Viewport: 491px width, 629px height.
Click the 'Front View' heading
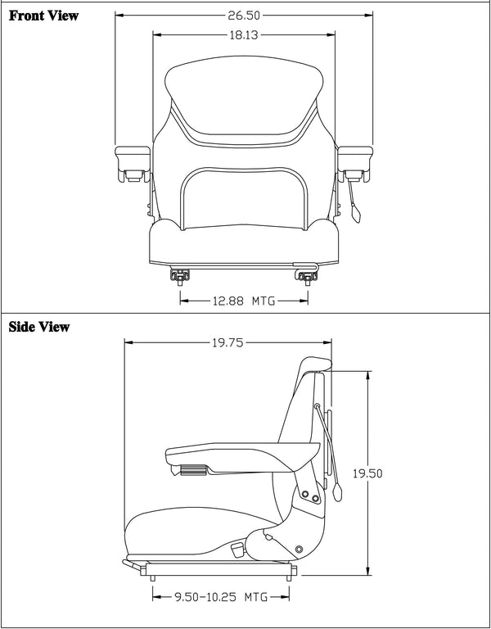(x=44, y=16)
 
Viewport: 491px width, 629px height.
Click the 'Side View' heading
(x=39, y=327)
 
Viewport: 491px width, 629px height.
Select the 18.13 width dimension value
(x=243, y=34)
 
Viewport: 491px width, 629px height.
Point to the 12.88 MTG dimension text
(x=243, y=301)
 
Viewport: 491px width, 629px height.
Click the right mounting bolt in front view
(x=308, y=275)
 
